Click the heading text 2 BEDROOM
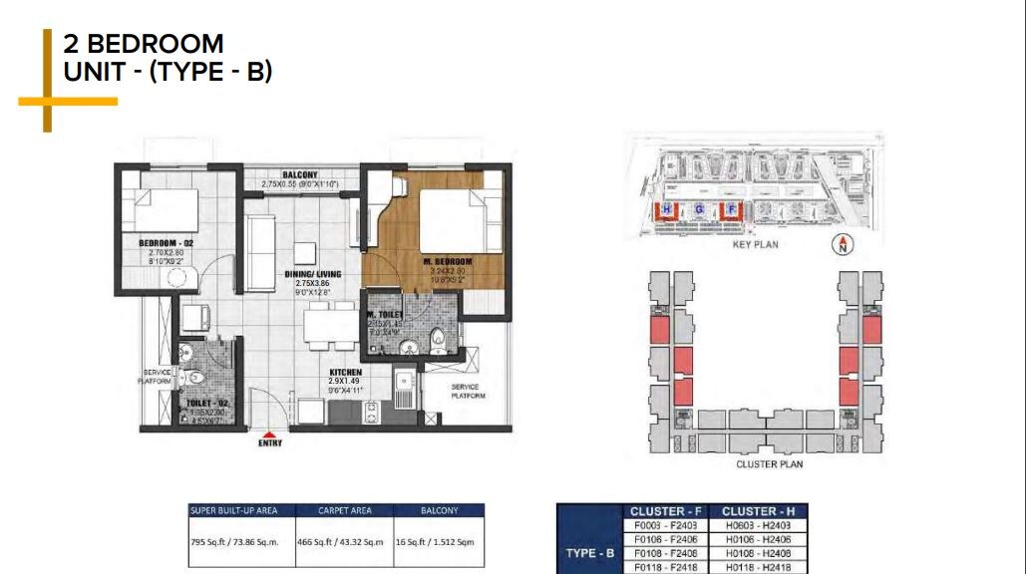[144, 44]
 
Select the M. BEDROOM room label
[448, 261]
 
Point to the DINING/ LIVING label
[312, 273]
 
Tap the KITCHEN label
[346, 372]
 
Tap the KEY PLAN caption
[755, 244]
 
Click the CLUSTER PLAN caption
[769, 463]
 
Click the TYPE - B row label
[587, 552]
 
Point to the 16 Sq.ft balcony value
[439, 542]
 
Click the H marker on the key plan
[667, 209]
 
